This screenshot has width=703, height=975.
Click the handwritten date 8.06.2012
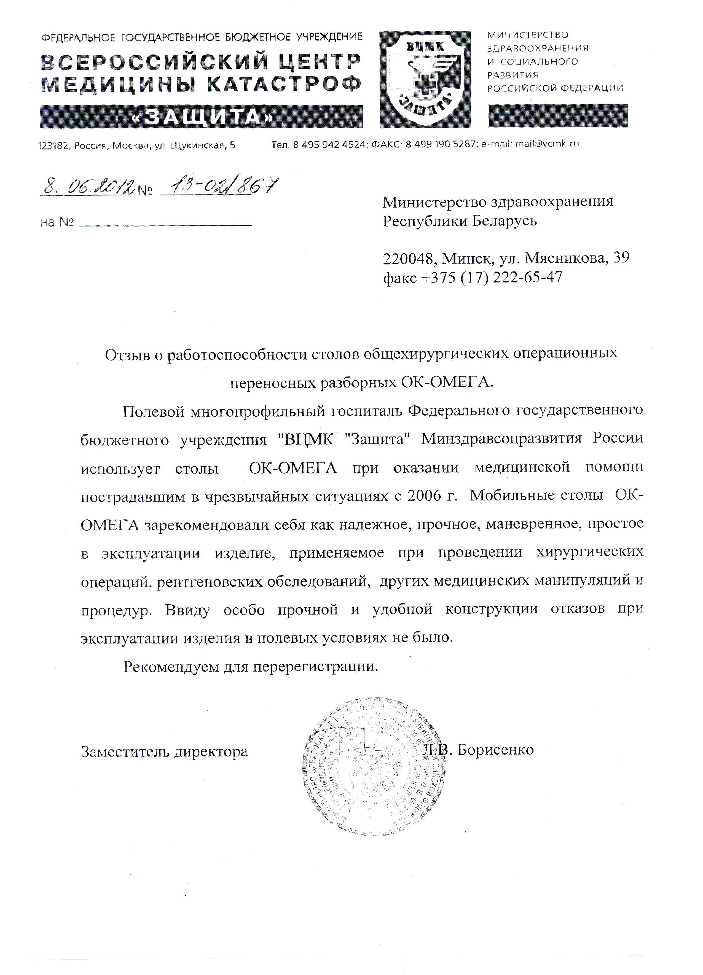click(x=86, y=187)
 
